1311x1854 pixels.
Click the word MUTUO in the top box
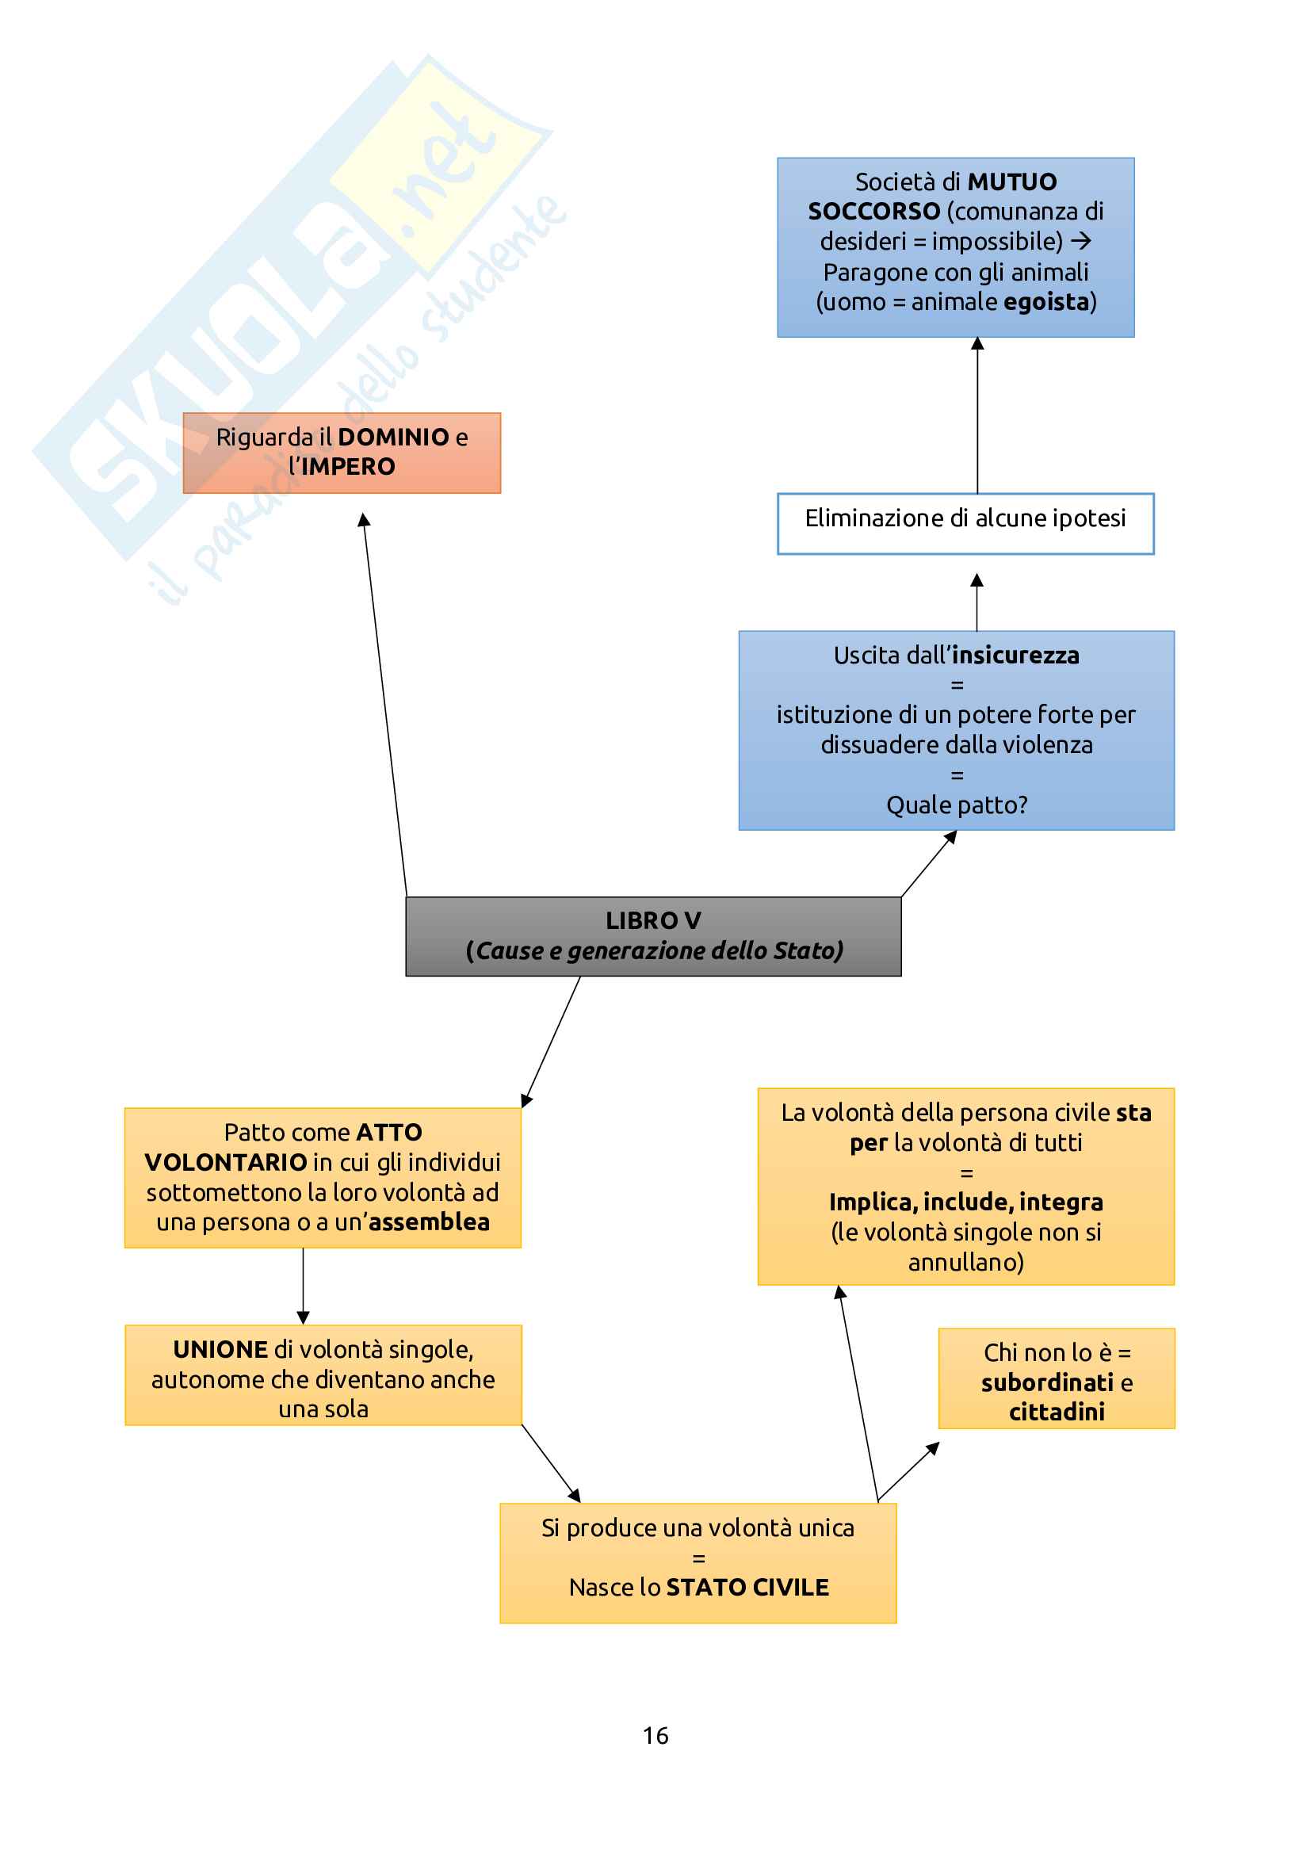tap(1011, 182)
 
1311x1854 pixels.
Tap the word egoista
tap(1045, 302)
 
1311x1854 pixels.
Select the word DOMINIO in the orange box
tap(393, 437)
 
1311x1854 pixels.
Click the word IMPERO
tap(348, 467)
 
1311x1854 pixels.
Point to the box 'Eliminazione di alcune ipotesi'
tap(965, 522)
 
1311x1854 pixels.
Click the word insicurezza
tap(1015, 655)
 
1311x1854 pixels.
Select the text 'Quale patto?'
tap(957, 805)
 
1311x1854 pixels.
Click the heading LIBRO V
tap(653, 920)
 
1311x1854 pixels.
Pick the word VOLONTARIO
tap(225, 1162)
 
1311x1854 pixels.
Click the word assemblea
tap(429, 1222)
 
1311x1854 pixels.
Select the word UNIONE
tap(220, 1349)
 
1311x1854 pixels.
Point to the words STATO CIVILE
tap(747, 1588)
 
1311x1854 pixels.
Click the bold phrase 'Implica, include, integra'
tap(965, 1202)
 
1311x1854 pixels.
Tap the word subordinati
tap(1047, 1382)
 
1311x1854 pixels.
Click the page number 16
tap(655, 1735)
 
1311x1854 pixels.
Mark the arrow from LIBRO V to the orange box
tap(385, 702)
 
